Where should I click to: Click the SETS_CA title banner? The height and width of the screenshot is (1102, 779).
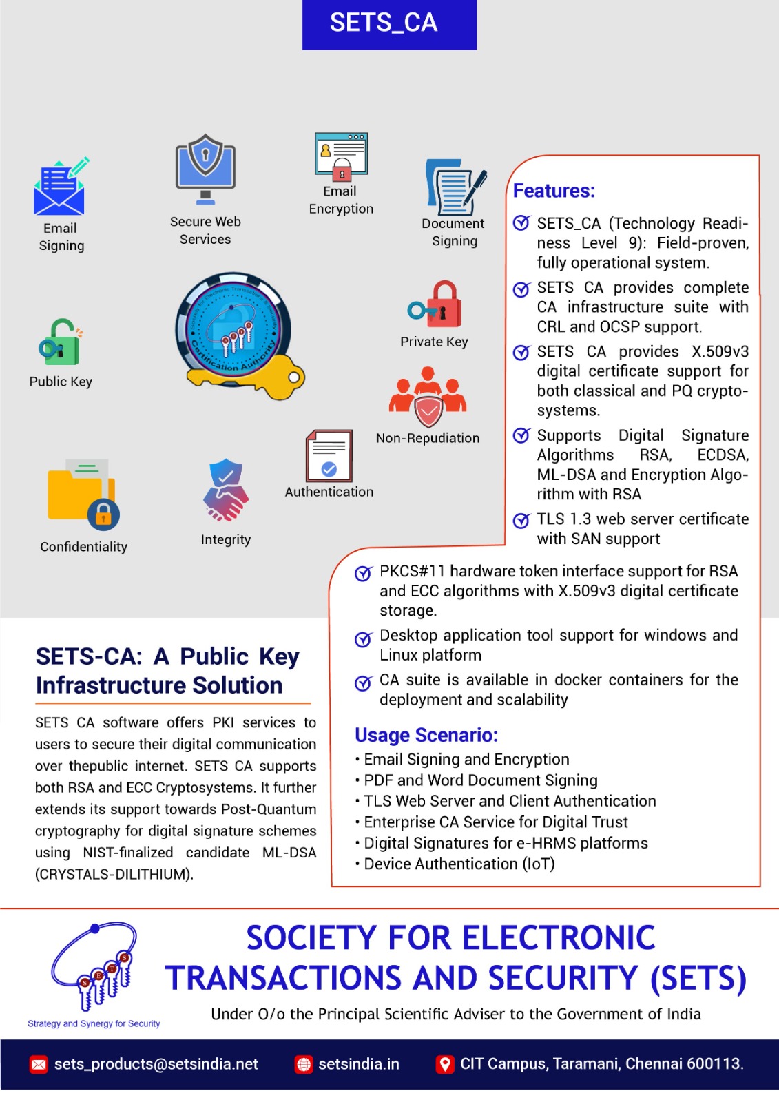[389, 24]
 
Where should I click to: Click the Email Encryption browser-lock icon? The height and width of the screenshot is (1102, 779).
[341, 156]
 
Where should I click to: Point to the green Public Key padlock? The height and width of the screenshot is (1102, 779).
[61, 342]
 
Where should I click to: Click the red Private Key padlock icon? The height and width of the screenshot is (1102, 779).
[436, 305]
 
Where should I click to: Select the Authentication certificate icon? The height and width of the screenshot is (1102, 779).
[329, 455]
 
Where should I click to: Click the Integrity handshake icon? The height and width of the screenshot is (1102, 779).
[225, 491]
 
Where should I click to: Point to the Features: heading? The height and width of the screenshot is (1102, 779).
[554, 191]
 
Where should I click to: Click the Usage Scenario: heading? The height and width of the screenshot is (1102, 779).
[426, 736]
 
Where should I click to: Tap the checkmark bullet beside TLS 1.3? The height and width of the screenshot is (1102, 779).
[522, 521]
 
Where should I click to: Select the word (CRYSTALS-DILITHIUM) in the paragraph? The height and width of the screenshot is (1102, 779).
[114, 875]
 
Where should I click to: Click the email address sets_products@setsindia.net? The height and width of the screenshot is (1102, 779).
[156, 1064]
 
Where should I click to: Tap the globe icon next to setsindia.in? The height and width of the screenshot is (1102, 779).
[304, 1065]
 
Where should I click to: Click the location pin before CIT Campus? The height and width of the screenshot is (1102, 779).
[445, 1065]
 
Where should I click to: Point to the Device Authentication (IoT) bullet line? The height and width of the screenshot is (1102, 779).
[459, 864]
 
